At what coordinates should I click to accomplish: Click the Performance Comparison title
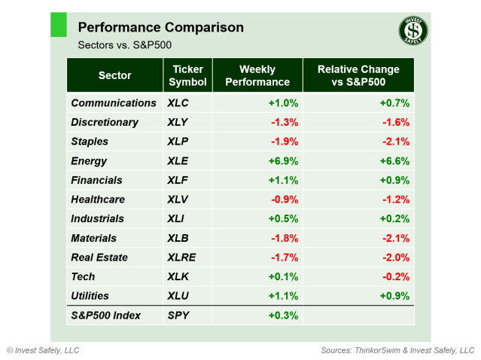click(160, 28)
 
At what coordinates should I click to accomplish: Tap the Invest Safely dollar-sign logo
click(413, 32)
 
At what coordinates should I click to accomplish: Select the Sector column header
click(114, 75)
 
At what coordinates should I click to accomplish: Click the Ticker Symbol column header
click(187, 75)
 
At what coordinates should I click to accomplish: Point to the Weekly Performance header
click(258, 75)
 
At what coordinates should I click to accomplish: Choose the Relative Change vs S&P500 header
click(358, 75)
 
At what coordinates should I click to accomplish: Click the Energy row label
click(89, 161)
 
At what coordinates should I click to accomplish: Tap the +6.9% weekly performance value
click(283, 161)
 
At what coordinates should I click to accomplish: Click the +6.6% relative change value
click(394, 161)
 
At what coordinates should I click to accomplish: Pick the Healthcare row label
click(98, 200)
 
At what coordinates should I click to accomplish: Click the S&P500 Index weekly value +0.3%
click(283, 316)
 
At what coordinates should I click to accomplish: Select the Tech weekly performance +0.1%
click(283, 277)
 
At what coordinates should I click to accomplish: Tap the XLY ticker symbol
click(178, 122)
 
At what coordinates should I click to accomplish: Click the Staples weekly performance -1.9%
click(285, 142)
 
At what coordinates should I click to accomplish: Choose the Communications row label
click(113, 103)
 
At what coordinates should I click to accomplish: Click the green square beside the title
click(59, 24)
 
